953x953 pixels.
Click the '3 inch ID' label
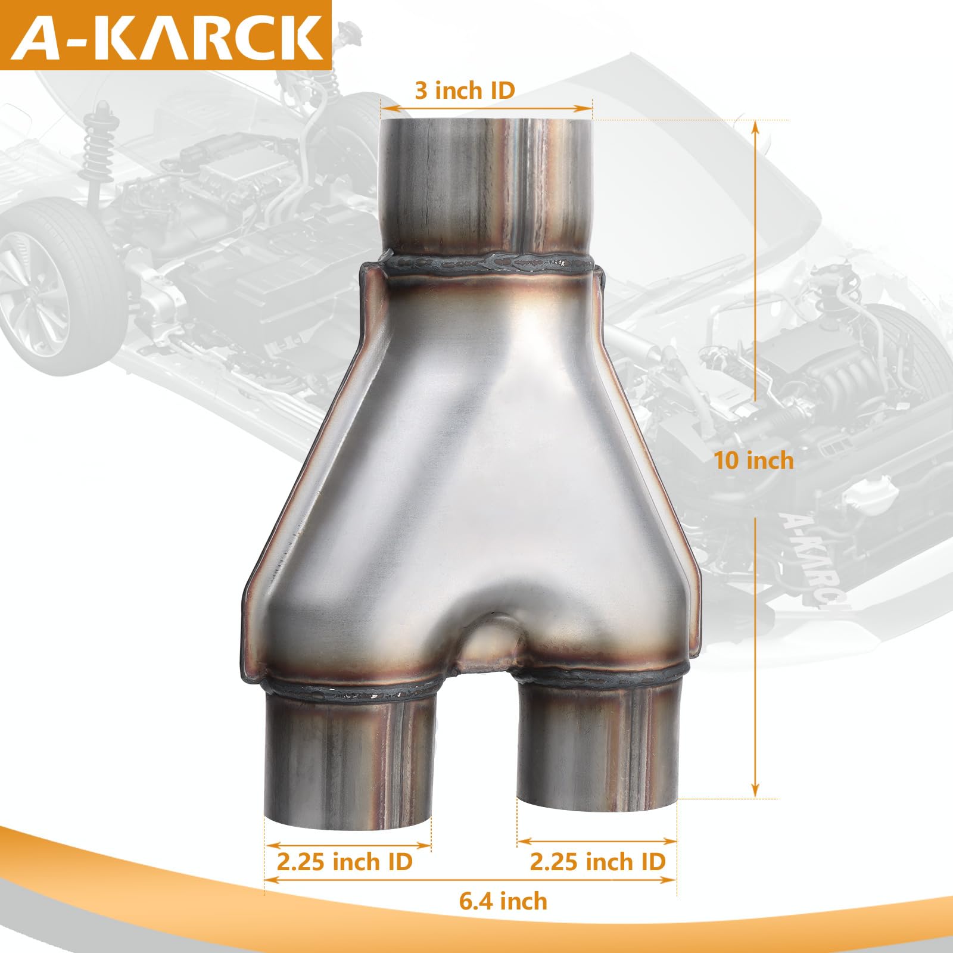(x=465, y=91)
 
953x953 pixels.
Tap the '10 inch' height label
(x=754, y=460)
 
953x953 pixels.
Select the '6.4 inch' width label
(x=503, y=901)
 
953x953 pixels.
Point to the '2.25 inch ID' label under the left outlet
(x=344, y=861)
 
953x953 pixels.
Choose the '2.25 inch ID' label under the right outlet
(x=597, y=861)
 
